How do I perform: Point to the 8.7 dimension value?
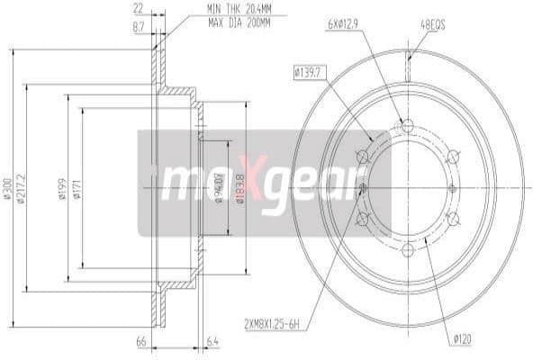point(139,28)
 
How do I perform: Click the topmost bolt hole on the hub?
point(407,125)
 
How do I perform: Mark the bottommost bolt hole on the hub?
point(407,249)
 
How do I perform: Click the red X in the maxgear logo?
point(256,184)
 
